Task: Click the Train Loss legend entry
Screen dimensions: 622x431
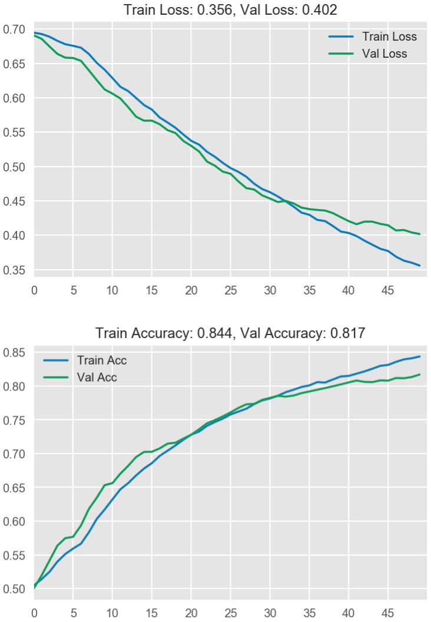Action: (x=389, y=37)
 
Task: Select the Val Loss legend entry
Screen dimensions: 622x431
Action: (x=385, y=54)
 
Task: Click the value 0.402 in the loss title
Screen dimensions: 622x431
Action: (x=320, y=10)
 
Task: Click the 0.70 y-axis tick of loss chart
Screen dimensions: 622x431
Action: (x=14, y=29)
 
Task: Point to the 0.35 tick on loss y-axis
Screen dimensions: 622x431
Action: (x=14, y=270)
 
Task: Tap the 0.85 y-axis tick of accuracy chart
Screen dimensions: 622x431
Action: (x=14, y=353)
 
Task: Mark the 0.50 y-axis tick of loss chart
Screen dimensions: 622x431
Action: (x=14, y=167)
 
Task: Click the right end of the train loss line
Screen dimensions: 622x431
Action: (x=420, y=266)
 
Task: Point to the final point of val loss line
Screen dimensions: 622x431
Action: (x=420, y=234)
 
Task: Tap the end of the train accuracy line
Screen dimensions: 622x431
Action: (x=420, y=356)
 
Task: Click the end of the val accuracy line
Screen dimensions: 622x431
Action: (x=420, y=375)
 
